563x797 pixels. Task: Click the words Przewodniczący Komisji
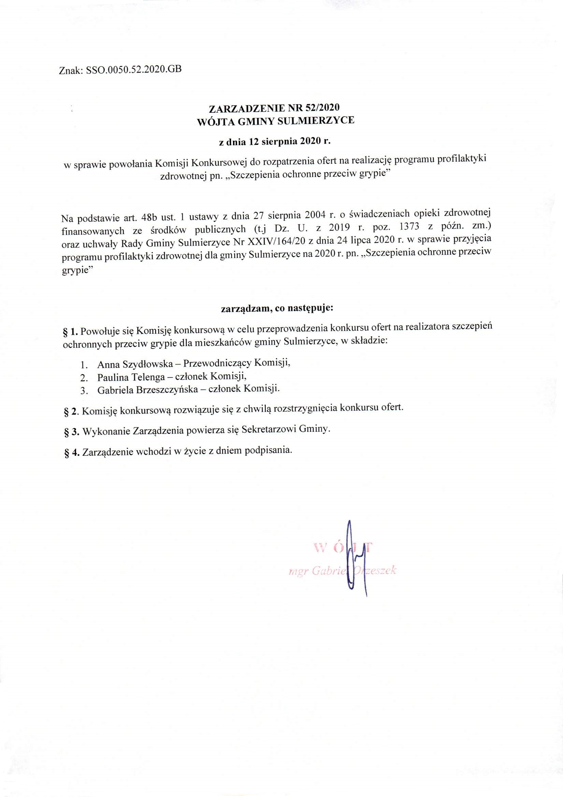236,363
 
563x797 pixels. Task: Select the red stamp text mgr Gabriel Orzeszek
342,571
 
